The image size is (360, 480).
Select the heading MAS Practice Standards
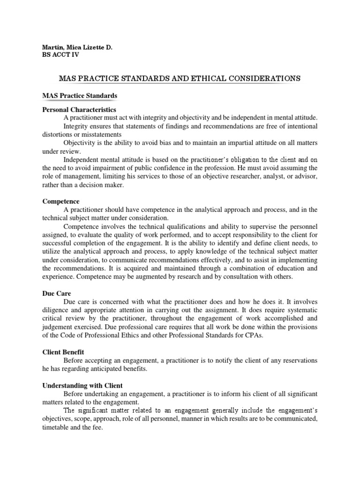point(80,96)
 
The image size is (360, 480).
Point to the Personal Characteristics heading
point(79,109)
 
